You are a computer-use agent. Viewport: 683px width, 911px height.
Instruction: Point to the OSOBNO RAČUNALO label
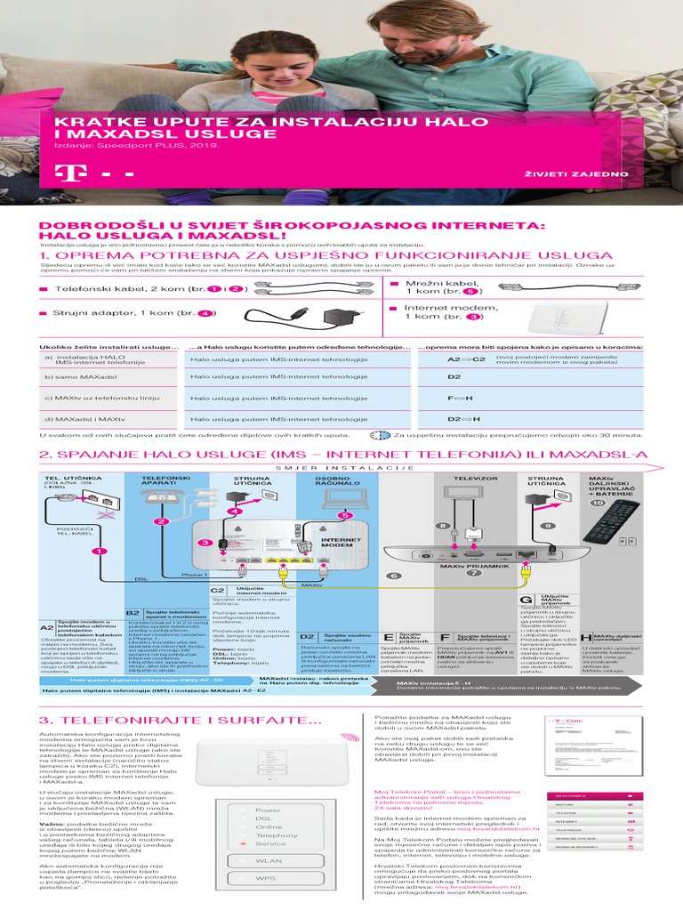coord(338,480)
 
